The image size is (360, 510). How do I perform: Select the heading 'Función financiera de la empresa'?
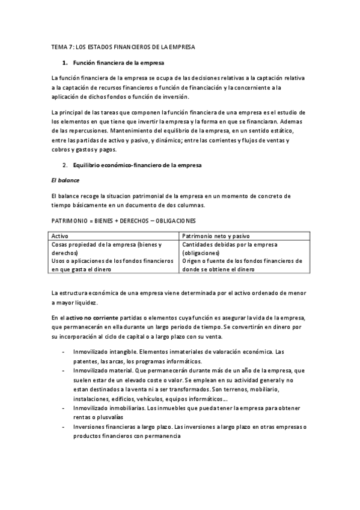[118, 63]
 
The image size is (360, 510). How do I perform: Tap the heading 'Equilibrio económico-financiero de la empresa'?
[138, 165]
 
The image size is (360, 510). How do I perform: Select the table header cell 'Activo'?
[61, 237]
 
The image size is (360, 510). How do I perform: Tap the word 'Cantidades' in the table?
[198, 245]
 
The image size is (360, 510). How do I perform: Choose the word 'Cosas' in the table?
[61, 245]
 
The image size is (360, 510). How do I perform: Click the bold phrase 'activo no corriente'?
[93, 317]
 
